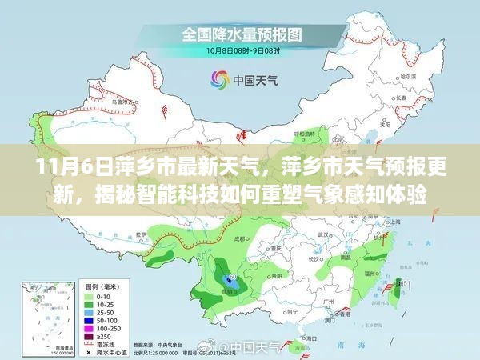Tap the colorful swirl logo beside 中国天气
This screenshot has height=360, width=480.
(x=218, y=78)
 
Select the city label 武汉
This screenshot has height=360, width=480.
(x=324, y=236)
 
